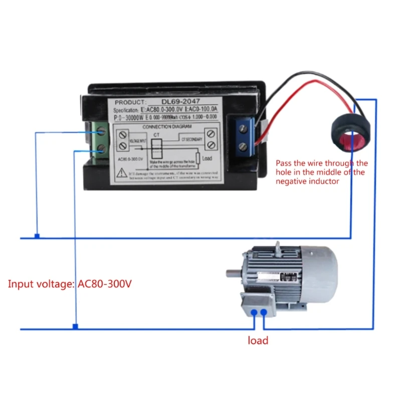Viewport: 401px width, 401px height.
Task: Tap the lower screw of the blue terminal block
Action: pyautogui.click(x=243, y=146)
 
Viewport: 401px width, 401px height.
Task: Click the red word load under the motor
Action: pyautogui.click(x=258, y=341)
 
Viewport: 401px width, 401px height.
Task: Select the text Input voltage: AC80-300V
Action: pyautogui.click(x=70, y=284)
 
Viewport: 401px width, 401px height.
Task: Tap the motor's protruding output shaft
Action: pyautogui.click(x=233, y=274)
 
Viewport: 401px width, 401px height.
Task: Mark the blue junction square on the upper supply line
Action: pyautogui.click(x=37, y=236)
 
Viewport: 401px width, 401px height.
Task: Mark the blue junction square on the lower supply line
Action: pyautogui.click(x=75, y=326)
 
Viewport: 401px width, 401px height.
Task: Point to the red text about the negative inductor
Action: pyautogui.click(x=321, y=172)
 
